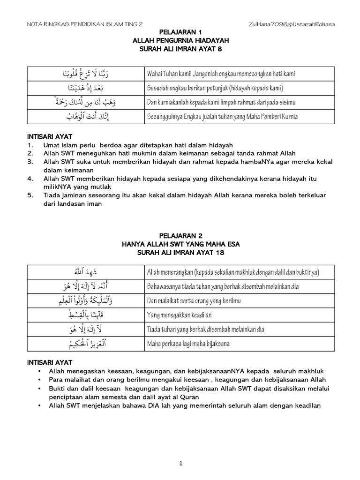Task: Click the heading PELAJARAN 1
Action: [x=180, y=32]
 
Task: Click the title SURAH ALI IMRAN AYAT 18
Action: [x=180, y=253]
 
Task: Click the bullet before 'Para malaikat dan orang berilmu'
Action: [x=38, y=379]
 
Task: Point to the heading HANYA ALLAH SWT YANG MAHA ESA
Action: [x=180, y=244]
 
